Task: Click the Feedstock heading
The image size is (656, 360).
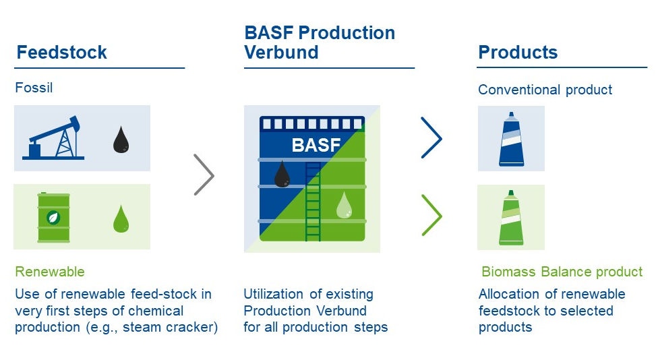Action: (x=61, y=53)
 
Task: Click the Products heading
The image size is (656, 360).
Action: (x=518, y=53)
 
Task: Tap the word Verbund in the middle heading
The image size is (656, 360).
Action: (x=281, y=53)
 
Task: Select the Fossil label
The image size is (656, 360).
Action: (x=34, y=88)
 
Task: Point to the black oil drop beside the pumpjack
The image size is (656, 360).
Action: (x=121, y=139)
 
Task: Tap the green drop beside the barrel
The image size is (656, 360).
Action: (x=121, y=218)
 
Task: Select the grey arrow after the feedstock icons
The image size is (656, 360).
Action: (x=204, y=175)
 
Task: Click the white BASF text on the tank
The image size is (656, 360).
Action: (x=316, y=145)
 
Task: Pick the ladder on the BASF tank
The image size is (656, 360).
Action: (x=313, y=200)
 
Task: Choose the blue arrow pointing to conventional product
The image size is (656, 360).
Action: (x=431, y=138)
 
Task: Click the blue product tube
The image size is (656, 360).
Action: (x=511, y=139)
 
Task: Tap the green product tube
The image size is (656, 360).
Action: (x=511, y=217)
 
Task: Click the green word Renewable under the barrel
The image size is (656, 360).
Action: (x=50, y=272)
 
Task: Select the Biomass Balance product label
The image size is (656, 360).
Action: (x=562, y=272)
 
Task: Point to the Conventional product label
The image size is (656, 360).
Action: (x=545, y=90)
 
